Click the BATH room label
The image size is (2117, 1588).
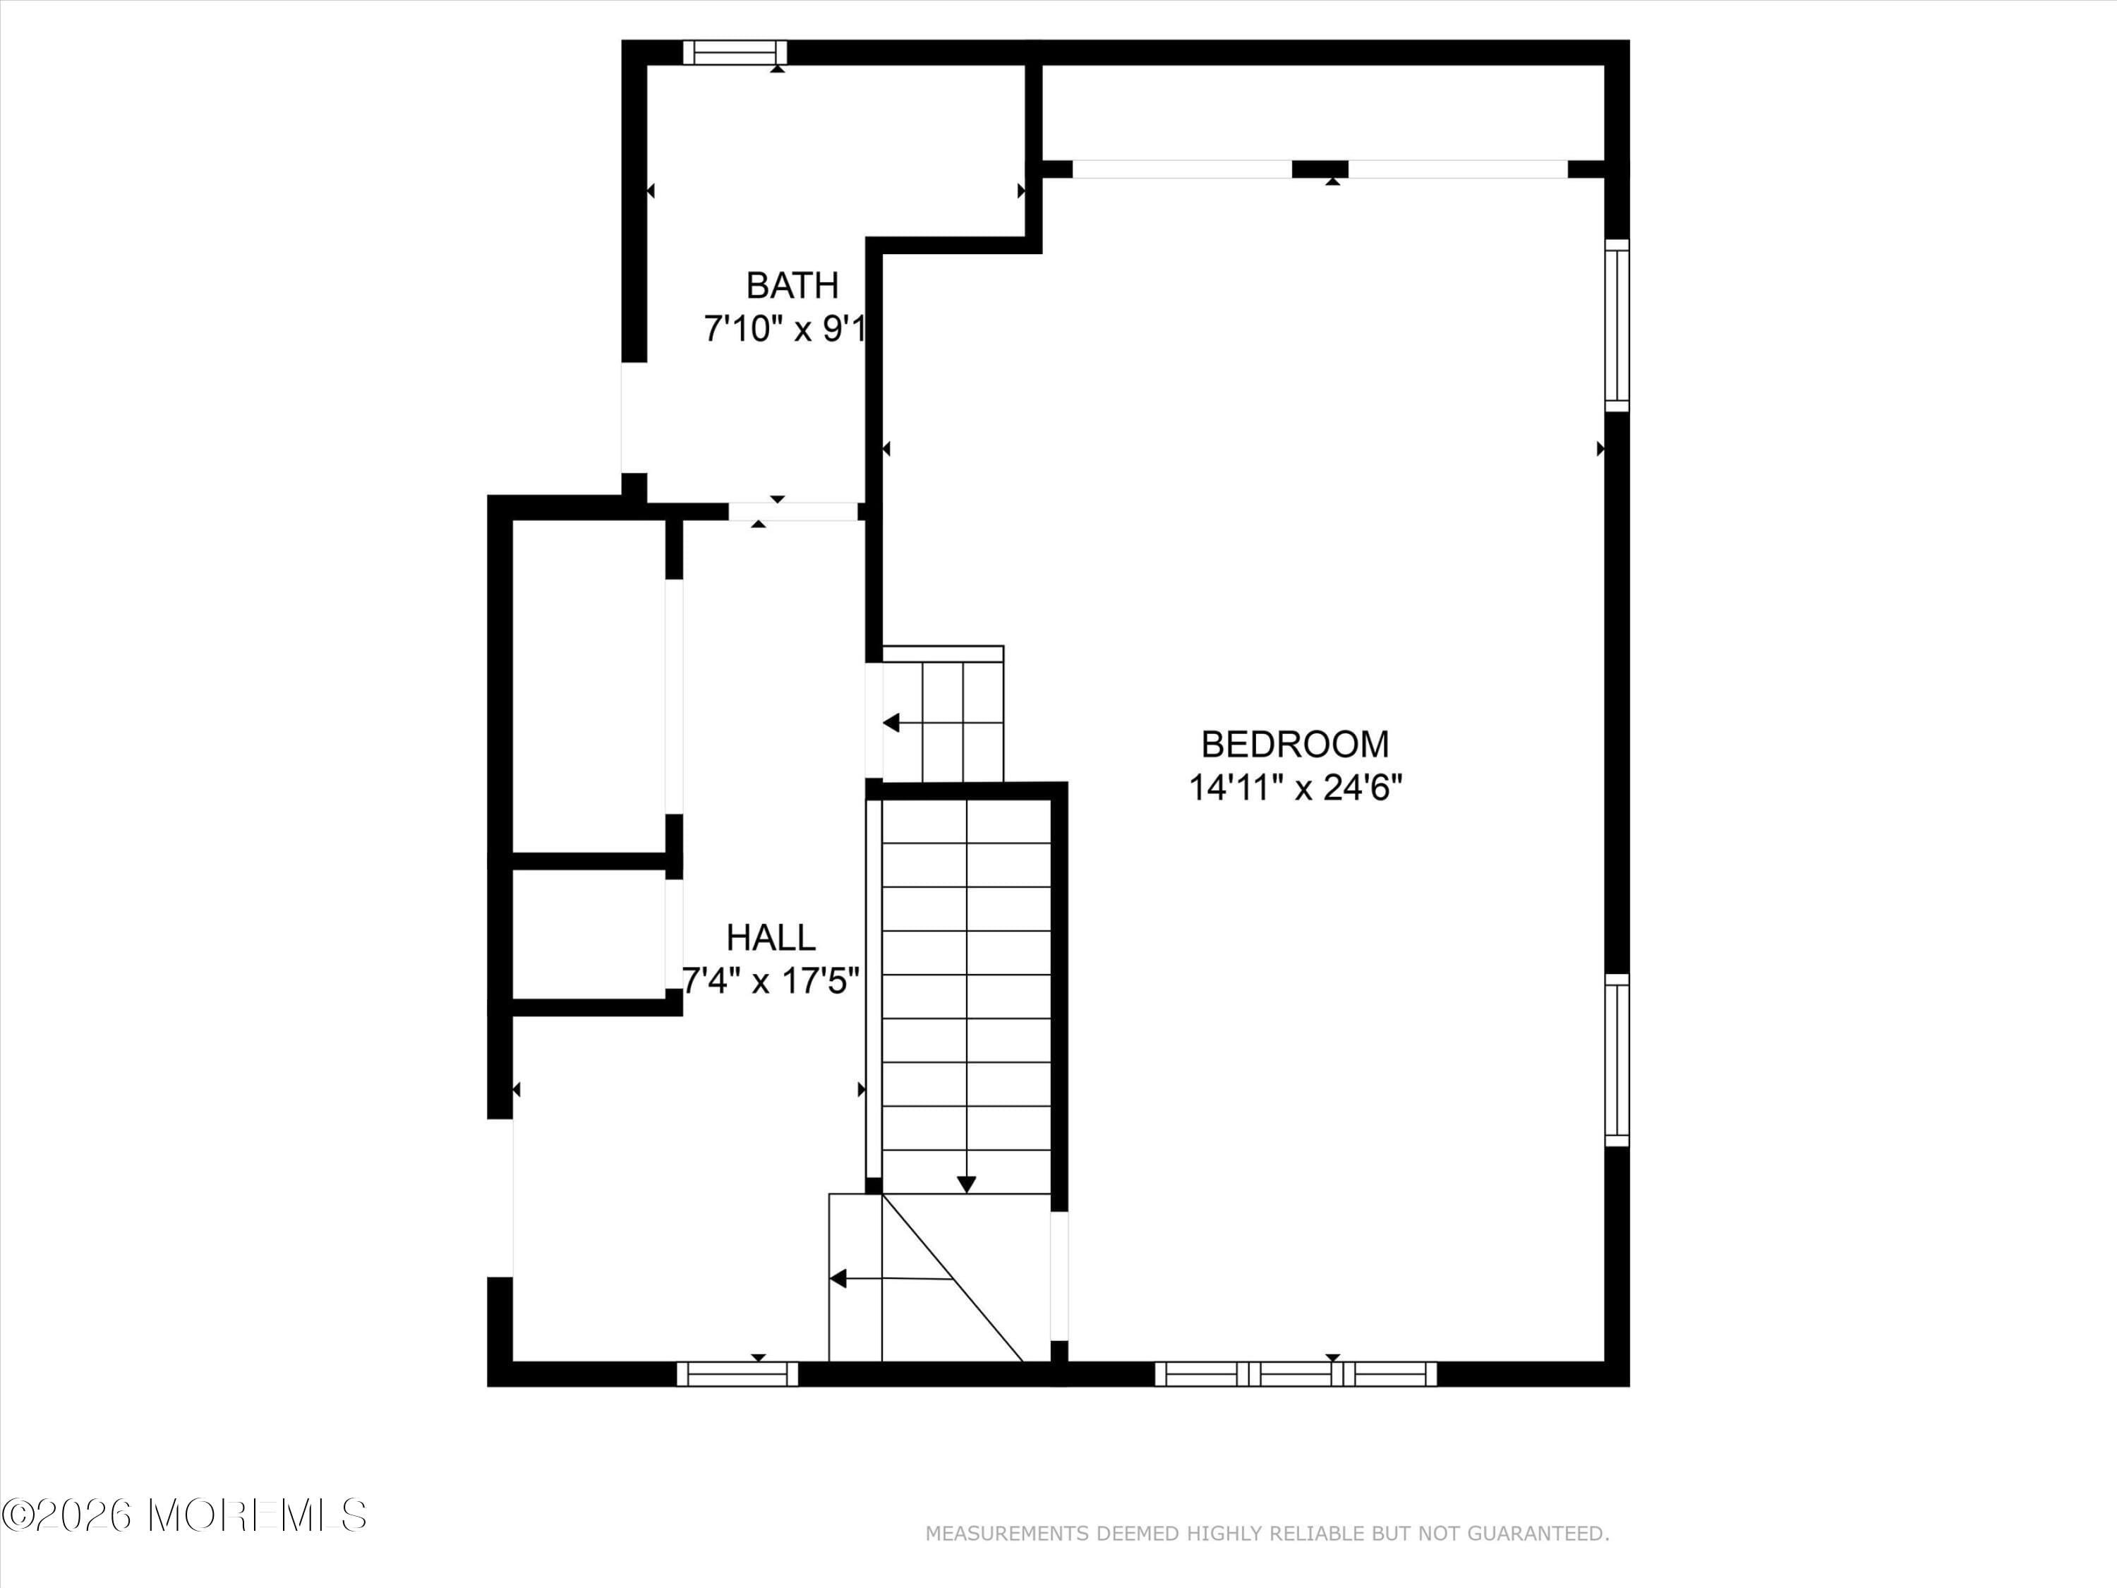pos(792,285)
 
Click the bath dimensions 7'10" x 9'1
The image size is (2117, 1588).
pos(785,330)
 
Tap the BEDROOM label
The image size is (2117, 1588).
pos(1295,744)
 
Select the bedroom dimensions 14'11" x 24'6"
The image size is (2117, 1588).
pos(1295,788)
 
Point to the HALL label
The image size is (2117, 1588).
pos(771,937)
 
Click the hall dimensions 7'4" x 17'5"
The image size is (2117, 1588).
pos(771,981)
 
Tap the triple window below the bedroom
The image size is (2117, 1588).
pos(1295,1373)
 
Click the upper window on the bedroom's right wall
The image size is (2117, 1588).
pos(1617,325)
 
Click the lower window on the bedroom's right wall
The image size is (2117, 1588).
pos(1617,1059)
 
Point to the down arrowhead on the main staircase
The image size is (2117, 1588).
pos(967,1184)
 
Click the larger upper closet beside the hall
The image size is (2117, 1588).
pos(589,685)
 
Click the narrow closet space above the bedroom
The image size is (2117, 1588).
pos(1321,113)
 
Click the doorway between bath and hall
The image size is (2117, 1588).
pos(792,512)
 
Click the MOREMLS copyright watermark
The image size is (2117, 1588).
pos(183,1515)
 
